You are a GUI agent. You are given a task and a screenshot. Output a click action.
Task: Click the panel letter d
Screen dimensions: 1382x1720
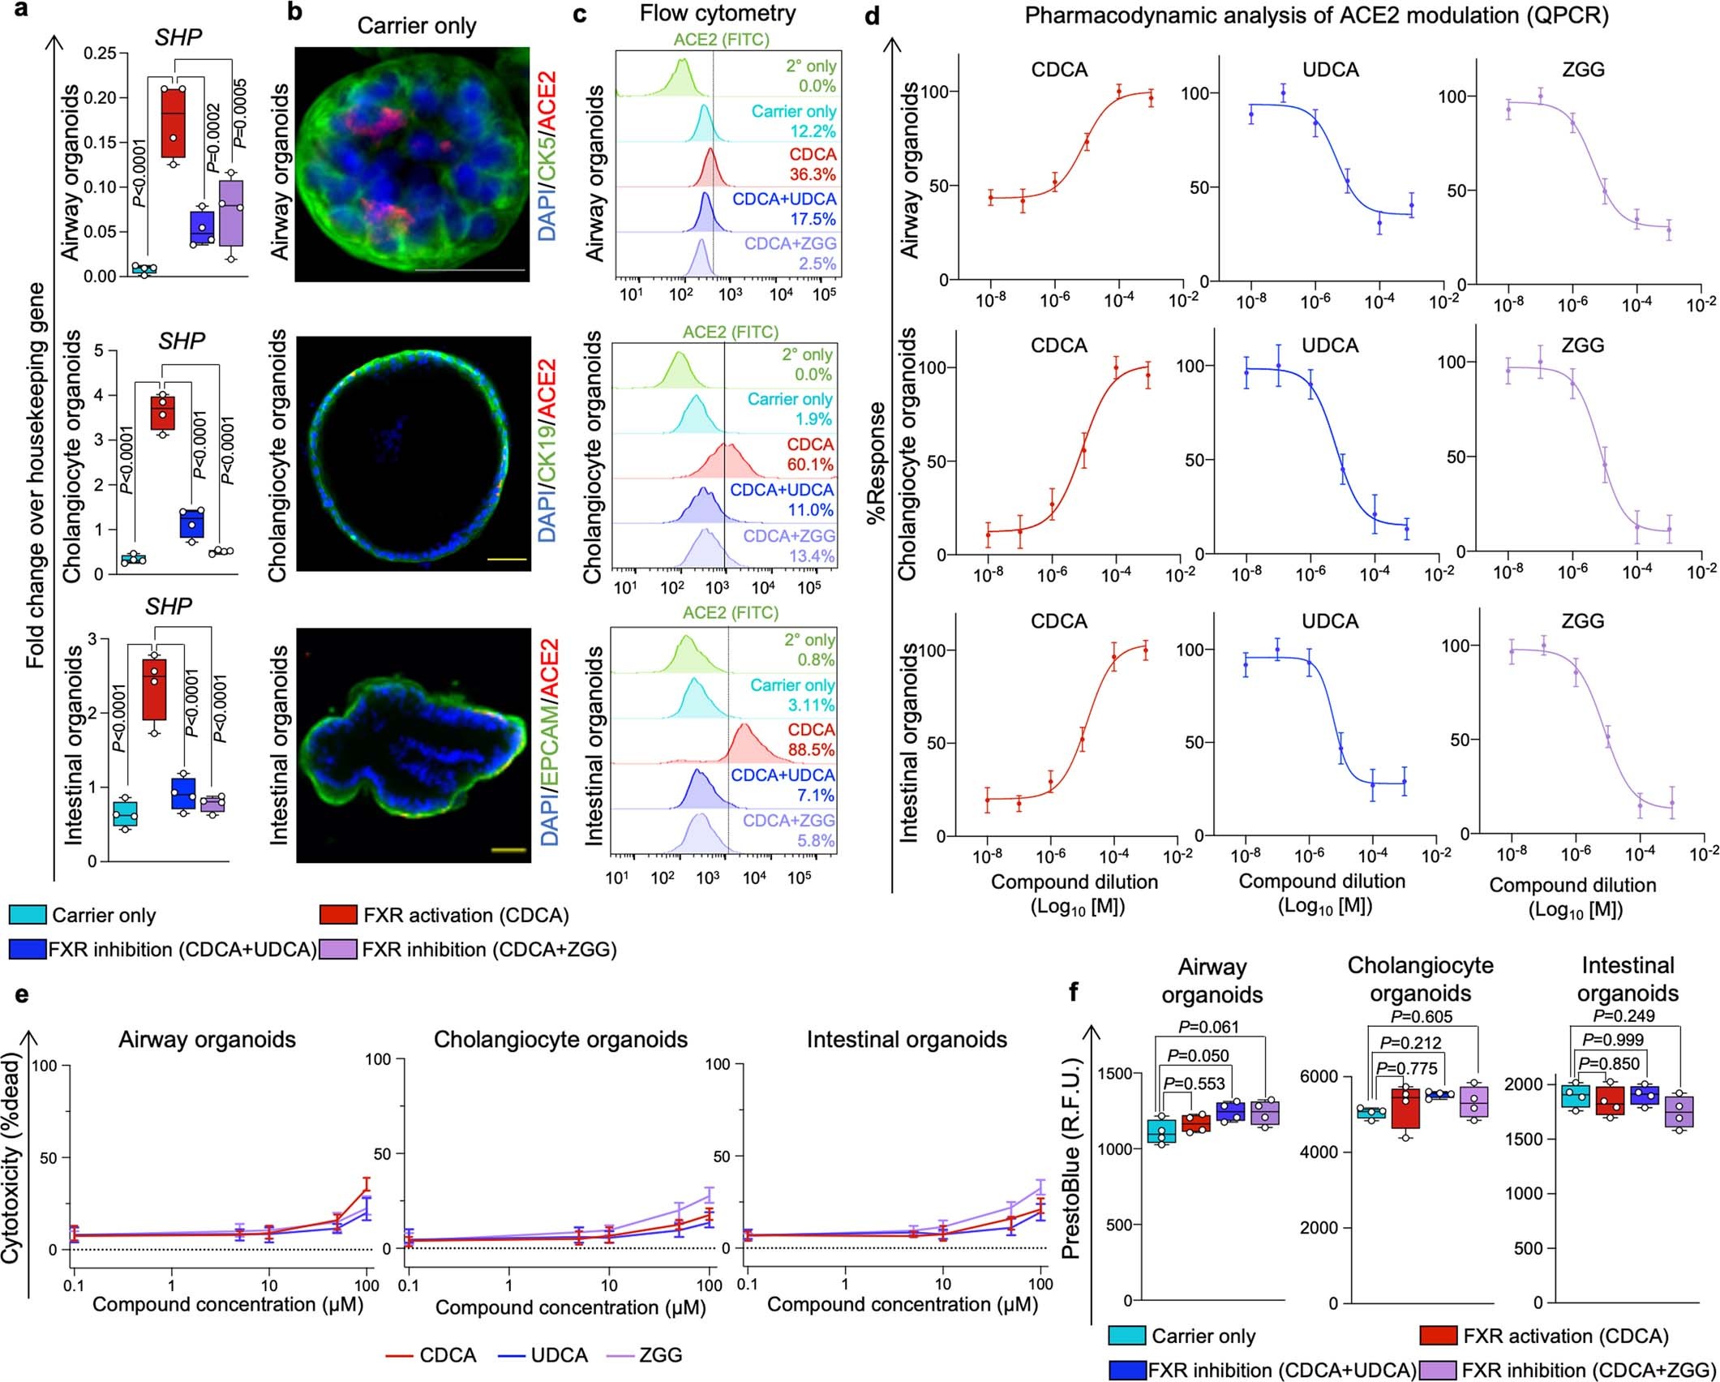873,15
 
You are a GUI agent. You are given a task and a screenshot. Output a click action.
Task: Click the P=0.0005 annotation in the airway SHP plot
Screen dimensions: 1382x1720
240,114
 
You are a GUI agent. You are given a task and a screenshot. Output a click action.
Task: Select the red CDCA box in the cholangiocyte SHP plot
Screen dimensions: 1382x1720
165,414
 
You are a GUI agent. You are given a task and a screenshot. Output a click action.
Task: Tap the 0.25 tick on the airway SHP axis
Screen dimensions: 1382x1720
101,54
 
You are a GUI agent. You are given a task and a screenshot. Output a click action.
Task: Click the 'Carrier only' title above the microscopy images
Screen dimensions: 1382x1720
417,26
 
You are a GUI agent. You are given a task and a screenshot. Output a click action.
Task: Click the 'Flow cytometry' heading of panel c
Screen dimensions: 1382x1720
717,14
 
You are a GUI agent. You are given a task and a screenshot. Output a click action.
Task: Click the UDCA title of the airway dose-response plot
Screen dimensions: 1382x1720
1330,70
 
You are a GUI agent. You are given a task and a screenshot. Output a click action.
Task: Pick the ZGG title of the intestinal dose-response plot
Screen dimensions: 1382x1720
1582,621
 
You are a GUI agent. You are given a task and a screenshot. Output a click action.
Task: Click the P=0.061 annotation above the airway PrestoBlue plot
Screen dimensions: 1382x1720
1209,1028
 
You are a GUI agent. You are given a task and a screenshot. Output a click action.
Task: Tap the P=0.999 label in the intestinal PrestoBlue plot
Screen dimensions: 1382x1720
1612,1040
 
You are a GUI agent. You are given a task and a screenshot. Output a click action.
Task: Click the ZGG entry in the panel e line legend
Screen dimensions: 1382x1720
660,1354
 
